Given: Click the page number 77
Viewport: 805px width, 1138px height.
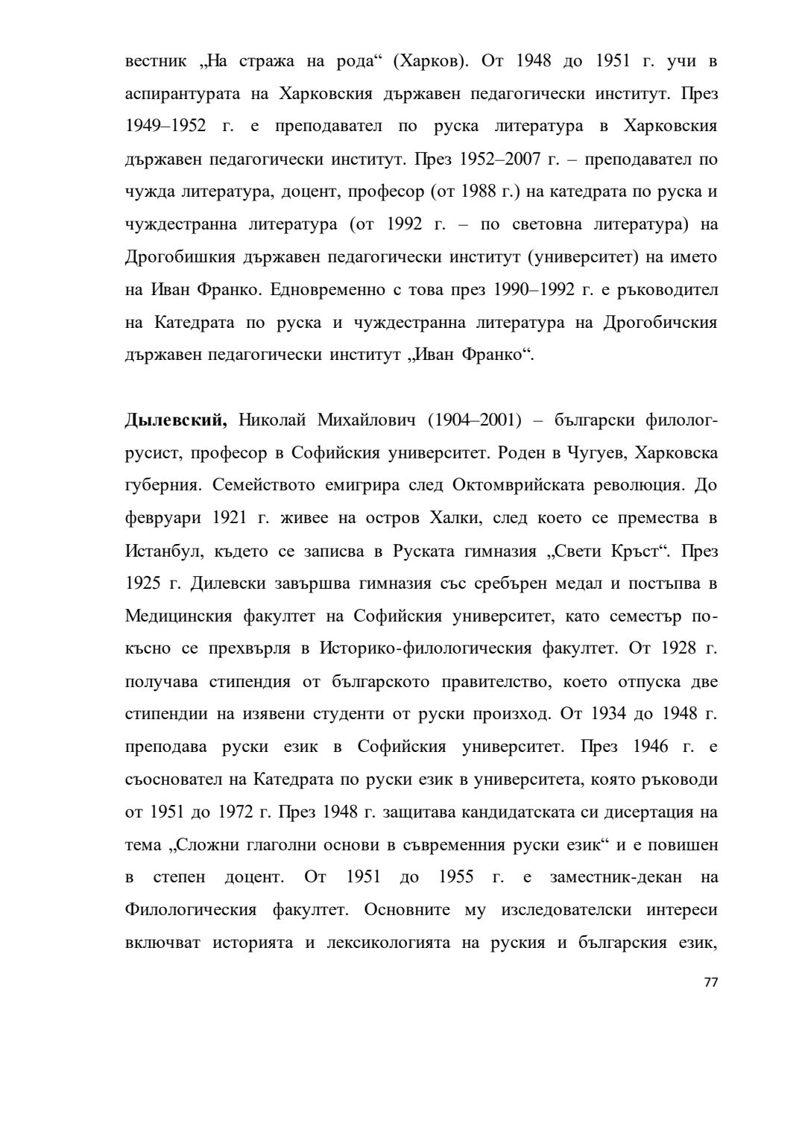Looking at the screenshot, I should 710,982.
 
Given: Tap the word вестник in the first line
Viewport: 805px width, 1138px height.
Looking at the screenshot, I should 155,60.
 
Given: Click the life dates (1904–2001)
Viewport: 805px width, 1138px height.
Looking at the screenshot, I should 474,420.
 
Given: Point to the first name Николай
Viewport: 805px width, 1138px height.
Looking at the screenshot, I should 272,420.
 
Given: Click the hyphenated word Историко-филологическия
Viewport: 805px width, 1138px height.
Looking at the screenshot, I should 425,649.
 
